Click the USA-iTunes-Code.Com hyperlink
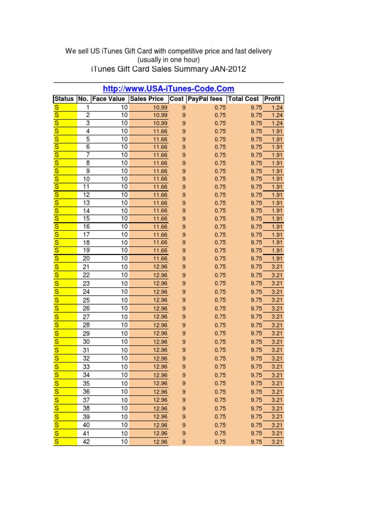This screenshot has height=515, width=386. (x=168, y=89)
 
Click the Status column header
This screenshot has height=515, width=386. (x=64, y=99)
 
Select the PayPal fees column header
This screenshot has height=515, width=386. (x=205, y=99)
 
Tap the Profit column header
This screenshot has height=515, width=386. (x=273, y=99)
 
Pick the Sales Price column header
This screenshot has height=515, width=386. (x=147, y=99)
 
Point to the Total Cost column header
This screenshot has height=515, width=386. (x=244, y=99)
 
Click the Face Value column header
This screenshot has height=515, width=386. (x=109, y=99)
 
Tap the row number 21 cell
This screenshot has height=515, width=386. (x=86, y=267)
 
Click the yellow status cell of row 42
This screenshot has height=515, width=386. (x=65, y=442)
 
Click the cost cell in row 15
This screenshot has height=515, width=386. (x=183, y=219)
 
